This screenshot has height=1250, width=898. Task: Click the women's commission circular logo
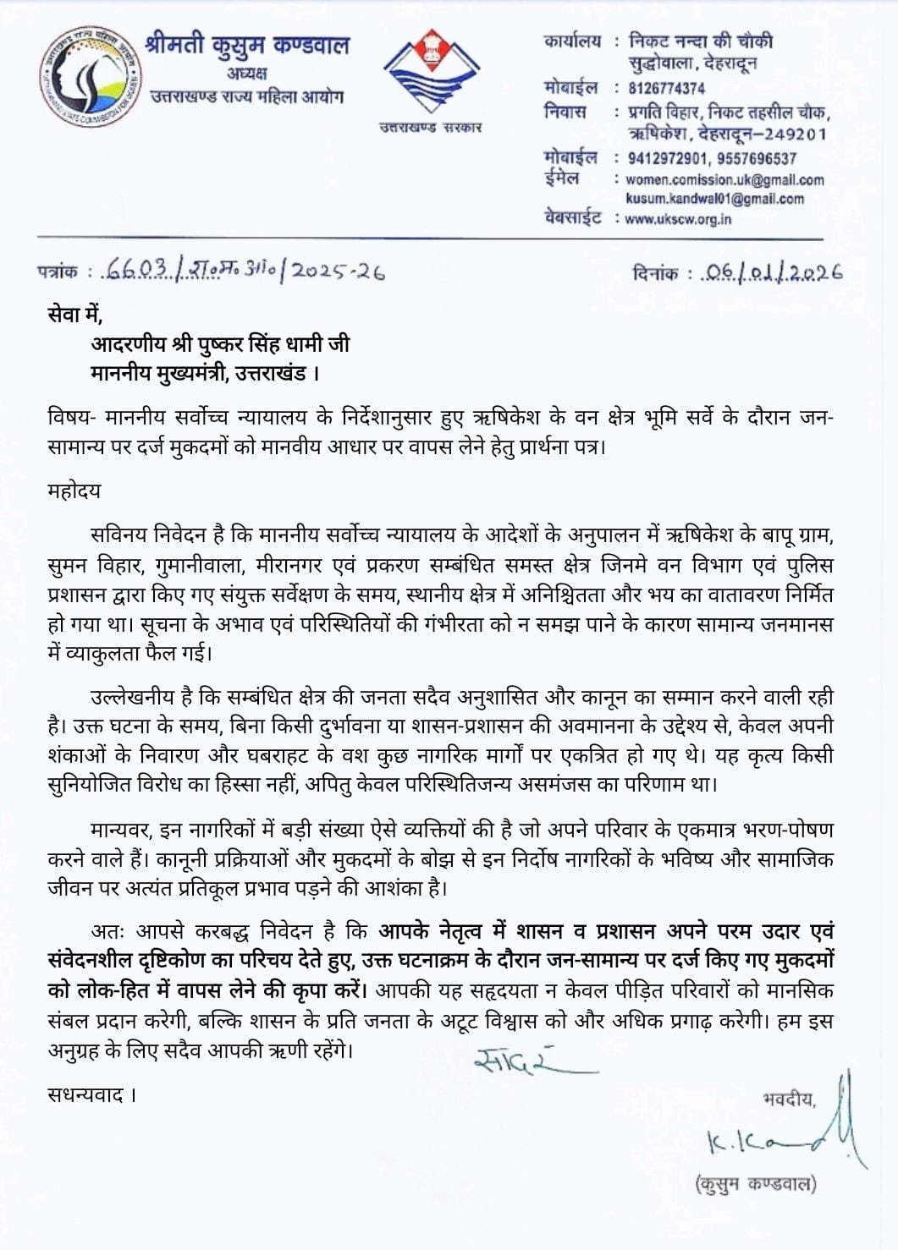[85, 76]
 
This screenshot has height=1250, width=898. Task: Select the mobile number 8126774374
[666, 88]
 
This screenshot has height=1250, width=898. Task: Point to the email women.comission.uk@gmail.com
[724, 179]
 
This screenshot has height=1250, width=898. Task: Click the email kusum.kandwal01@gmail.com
[714, 199]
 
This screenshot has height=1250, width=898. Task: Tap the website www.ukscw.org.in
[678, 219]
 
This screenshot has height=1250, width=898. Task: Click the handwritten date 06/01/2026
[774, 272]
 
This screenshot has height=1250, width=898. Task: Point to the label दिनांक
[655, 273]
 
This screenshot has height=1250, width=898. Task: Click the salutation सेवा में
[74, 315]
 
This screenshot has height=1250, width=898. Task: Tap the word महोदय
[74, 491]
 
